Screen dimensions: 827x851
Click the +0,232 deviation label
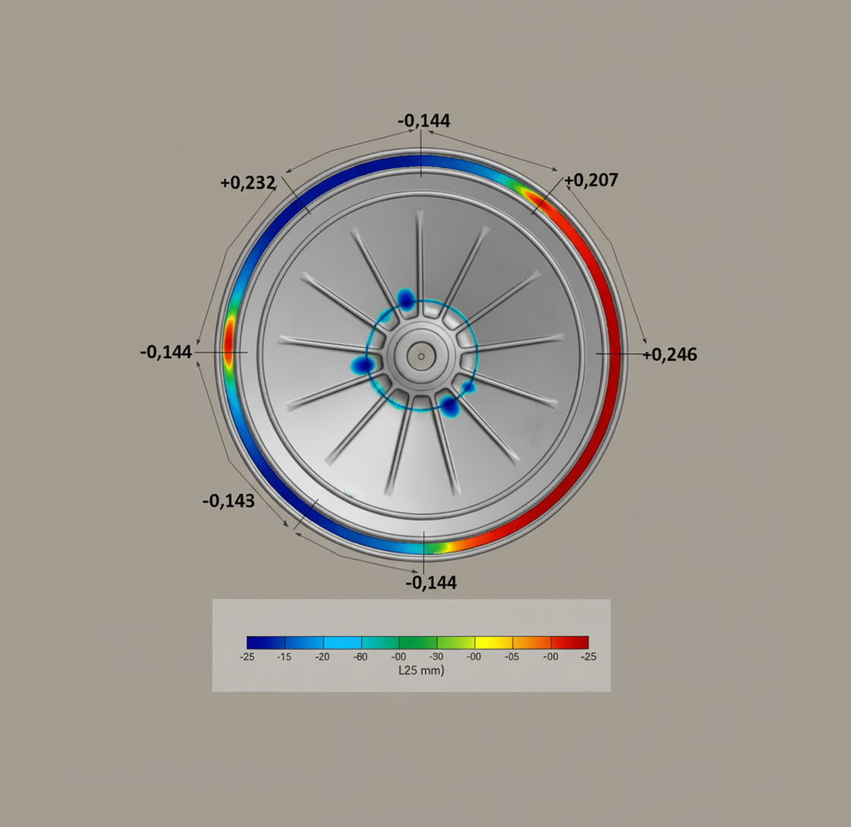(247, 182)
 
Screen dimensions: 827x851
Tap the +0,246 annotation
(669, 354)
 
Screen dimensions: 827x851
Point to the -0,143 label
(228, 501)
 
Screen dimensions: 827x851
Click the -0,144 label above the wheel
(424, 120)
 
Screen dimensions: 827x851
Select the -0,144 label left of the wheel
(166, 352)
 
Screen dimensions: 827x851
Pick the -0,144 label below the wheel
(431, 582)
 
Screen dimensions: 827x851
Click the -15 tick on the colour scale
(285, 657)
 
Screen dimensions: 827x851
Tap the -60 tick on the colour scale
(361, 657)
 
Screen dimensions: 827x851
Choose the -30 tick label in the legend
(437, 657)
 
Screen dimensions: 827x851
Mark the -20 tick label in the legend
(323, 657)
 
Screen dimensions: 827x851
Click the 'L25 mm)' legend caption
(421, 670)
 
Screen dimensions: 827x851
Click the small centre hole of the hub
(421, 355)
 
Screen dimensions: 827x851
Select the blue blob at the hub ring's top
(407, 299)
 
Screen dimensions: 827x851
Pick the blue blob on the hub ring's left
(364, 366)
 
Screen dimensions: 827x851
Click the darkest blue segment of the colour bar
(266, 642)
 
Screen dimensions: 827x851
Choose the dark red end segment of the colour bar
(570, 642)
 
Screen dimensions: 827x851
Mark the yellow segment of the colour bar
(494, 642)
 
